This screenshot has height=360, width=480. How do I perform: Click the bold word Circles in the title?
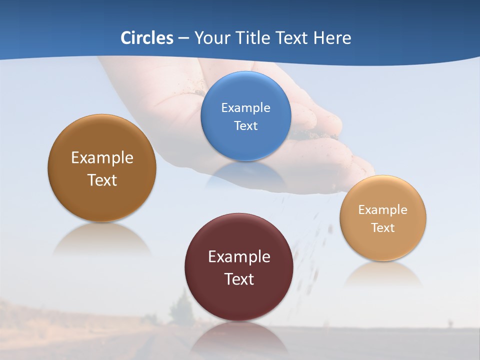click(x=147, y=38)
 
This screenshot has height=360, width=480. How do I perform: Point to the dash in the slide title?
click(x=183, y=38)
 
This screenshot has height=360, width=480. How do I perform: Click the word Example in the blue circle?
click(x=245, y=108)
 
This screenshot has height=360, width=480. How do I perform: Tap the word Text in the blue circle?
click(x=245, y=126)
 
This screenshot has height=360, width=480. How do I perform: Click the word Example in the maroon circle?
click(x=239, y=257)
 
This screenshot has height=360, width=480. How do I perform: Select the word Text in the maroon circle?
click(x=239, y=279)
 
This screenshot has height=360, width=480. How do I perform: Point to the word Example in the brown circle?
click(x=102, y=158)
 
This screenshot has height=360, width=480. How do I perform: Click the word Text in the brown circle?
click(x=102, y=180)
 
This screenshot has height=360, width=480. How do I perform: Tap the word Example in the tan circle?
click(x=383, y=210)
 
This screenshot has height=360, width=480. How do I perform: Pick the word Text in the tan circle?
click(x=383, y=228)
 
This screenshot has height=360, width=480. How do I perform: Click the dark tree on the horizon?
click(x=181, y=307)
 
